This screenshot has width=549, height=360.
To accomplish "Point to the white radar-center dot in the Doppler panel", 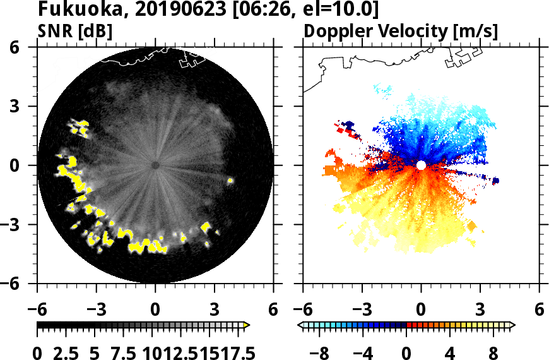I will [421, 165].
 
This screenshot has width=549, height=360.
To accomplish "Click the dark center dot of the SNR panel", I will [155, 165].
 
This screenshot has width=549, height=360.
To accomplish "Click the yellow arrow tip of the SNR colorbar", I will [247, 325].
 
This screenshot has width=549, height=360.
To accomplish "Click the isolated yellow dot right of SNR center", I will [230, 181].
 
